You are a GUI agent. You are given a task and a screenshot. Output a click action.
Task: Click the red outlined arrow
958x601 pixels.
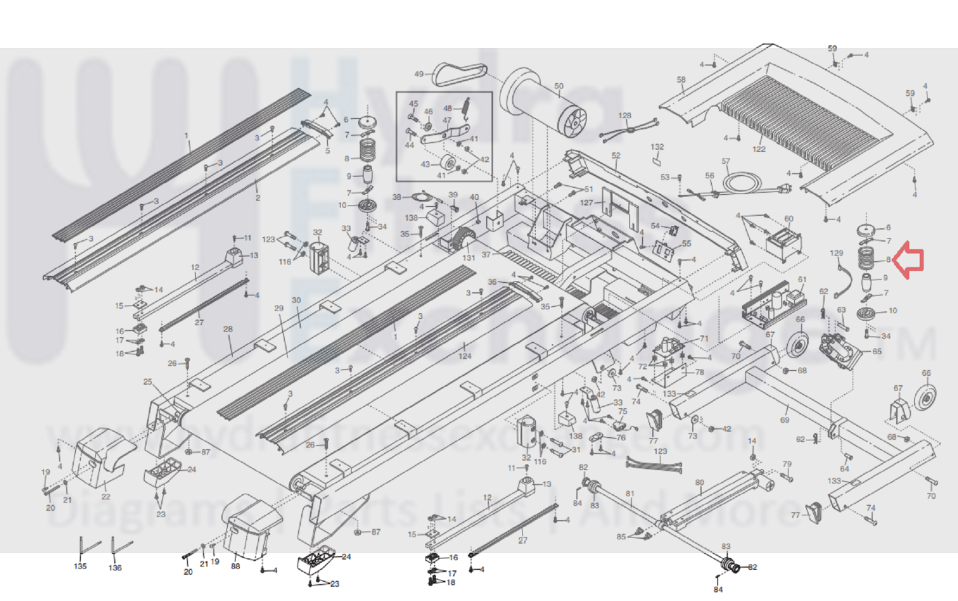[x=909, y=260]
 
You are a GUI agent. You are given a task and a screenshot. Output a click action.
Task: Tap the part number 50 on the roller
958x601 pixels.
[x=558, y=86]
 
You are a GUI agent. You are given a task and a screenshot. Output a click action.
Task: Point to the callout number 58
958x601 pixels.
[x=681, y=80]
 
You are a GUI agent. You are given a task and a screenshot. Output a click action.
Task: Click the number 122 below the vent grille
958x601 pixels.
[x=759, y=149]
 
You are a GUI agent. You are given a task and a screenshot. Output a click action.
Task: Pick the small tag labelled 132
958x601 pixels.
[x=657, y=160]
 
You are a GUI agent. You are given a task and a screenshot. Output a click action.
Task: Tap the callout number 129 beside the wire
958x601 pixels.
[x=836, y=253]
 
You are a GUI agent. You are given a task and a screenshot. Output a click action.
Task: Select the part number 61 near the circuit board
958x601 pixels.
[x=802, y=279]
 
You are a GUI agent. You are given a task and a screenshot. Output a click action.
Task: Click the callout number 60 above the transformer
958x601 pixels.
[x=789, y=219]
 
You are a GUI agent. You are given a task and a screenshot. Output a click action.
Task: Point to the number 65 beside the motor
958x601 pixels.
[x=877, y=352]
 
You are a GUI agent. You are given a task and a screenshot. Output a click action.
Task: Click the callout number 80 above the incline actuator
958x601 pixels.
[x=699, y=482]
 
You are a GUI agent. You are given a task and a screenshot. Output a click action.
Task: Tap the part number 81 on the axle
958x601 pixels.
[x=630, y=494]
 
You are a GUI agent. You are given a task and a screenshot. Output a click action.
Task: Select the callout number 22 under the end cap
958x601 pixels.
[x=106, y=496]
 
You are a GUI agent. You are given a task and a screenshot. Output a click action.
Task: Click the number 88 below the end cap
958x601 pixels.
[x=235, y=566]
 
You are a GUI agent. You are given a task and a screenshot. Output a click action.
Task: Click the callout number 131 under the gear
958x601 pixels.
[x=469, y=258]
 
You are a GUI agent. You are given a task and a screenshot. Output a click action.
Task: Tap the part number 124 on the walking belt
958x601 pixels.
[x=465, y=356]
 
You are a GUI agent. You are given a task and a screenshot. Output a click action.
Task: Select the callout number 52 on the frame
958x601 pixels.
[x=616, y=156]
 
